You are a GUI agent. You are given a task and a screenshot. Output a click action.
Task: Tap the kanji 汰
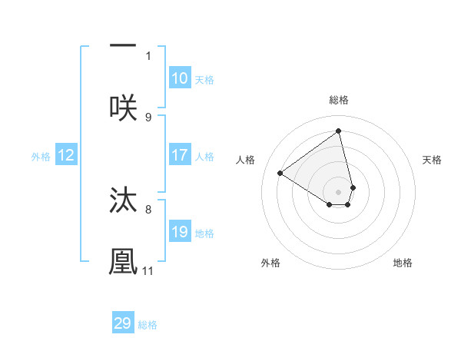coord(123,199)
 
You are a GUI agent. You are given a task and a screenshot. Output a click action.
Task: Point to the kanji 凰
coord(123,261)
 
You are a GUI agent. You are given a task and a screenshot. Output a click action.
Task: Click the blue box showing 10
coord(180,78)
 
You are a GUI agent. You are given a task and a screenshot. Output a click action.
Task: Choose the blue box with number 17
coord(180,155)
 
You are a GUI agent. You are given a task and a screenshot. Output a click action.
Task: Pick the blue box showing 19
coord(180,232)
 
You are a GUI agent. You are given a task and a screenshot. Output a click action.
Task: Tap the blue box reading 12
coord(66,156)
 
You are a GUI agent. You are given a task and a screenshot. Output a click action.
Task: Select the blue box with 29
coord(123,323)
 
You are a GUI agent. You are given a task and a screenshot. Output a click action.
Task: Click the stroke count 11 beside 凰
coord(148,270)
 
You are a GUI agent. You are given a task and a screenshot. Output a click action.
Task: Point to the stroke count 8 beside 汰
coord(148,208)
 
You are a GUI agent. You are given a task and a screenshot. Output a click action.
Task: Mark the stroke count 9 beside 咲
coord(148,117)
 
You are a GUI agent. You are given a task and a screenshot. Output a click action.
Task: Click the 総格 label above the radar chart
coord(339,100)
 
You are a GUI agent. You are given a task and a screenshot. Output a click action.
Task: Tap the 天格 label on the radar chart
coord(433,160)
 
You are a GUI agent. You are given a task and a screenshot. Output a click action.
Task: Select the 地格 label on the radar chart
coord(403,263)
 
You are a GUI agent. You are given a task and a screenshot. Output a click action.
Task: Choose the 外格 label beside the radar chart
coord(270,263)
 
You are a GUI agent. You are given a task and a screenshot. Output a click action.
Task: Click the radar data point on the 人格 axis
coord(280,174)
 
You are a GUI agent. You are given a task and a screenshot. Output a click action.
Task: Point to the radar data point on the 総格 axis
coord(339,131)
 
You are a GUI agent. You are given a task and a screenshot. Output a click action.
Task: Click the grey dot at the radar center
coord(339,192)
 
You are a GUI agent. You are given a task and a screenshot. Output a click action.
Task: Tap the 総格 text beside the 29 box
coord(148,325)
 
